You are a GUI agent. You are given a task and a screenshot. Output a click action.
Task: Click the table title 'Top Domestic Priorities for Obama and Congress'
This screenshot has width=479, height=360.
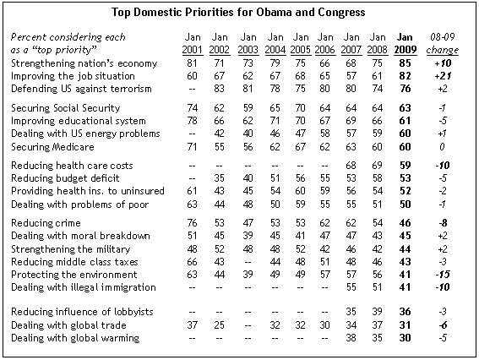(x=238, y=13)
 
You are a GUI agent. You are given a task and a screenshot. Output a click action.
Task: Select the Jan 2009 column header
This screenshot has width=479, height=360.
(x=405, y=43)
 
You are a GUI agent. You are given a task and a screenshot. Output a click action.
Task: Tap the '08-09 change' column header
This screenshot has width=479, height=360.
(x=443, y=43)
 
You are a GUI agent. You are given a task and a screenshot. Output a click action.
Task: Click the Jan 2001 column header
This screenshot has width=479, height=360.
(x=193, y=43)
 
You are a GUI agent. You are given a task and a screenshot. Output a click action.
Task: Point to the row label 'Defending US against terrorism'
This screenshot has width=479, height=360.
(x=81, y=89)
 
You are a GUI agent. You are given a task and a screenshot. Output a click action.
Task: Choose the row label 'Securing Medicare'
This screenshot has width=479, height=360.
(x=52, y=147)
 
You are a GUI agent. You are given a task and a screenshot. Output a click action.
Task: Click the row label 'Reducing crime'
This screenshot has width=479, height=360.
(x=46, y=223)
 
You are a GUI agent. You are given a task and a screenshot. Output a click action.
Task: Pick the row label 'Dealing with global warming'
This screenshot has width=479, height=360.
(x=75, y=338)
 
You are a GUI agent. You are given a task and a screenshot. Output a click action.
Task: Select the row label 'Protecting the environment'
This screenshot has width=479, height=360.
(x=74, y=275)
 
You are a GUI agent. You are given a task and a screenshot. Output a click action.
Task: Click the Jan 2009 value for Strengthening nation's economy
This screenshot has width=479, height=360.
(x=405, y=63)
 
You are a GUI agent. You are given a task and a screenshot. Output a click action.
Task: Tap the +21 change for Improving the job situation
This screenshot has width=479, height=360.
(x=443, y=76)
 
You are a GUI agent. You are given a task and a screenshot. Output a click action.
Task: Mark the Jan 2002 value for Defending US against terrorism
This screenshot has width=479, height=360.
(x=220, y=89)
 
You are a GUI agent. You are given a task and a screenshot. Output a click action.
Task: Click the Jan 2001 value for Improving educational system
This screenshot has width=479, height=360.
(x=192, y=121)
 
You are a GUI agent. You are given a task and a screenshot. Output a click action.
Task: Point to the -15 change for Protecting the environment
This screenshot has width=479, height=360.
(x=443, y=275)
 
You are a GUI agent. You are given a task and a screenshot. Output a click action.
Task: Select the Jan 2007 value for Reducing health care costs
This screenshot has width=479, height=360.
(x=351, y=166)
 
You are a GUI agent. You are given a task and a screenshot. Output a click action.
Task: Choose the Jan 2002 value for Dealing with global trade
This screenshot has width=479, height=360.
(x=220, y=325)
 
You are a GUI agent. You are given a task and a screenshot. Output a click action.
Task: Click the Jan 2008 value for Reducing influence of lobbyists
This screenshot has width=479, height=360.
(x=378, y=312)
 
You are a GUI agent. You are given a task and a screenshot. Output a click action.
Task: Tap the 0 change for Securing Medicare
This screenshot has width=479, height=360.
(x=443, y=147)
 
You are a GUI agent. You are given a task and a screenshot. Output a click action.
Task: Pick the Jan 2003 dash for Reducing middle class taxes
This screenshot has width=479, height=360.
(x=248, y=262)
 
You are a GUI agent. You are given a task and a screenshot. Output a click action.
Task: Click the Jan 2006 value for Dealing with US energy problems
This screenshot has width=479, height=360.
(x=324, y=134)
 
